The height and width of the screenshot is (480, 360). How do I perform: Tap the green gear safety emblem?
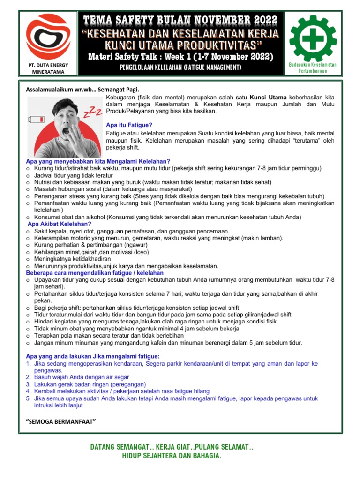313,38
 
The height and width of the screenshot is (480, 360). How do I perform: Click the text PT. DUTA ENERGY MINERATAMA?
45,68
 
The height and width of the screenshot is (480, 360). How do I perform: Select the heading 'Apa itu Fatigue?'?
129,125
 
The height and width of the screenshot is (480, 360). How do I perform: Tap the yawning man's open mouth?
70,131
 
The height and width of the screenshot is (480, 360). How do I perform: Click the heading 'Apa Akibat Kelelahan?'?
60,224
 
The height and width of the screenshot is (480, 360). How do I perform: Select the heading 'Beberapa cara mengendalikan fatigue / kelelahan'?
95,272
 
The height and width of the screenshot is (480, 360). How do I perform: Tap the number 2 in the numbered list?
28,377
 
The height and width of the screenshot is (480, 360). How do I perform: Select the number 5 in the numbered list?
28,398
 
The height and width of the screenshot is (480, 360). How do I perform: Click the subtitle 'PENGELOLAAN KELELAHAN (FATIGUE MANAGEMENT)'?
180,68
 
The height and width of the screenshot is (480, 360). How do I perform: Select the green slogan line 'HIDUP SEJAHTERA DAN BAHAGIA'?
172,456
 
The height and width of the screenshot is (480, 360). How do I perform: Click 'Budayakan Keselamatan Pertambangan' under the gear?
313,67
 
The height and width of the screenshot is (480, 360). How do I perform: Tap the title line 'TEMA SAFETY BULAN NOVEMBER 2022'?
180,20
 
